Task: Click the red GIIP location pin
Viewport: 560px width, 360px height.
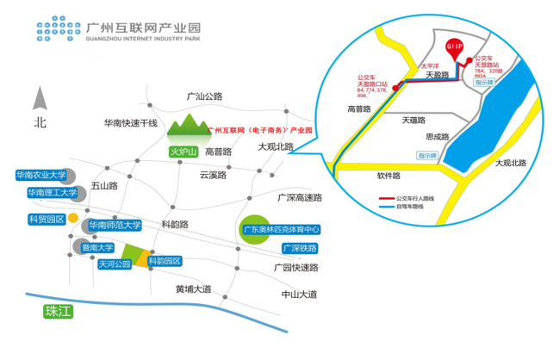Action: (x=454, y=47)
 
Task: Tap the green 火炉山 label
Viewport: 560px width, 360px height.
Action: (x=183, y=152)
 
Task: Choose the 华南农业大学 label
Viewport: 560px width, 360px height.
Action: (x=40, y=175)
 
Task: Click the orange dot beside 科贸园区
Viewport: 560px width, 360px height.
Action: (x=73, y=217)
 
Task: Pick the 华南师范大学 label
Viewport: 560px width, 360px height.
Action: (x=115, y=226)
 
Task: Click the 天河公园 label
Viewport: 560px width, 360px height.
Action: (x=114, y=264)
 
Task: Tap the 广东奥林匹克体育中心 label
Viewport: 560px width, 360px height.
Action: (x=281, y=230)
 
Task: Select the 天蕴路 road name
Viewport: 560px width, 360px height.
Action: (x=414, y=121)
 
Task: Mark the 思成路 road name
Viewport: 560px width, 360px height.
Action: (x=438, y=136)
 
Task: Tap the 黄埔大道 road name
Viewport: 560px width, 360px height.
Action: (x=192, y=289)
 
